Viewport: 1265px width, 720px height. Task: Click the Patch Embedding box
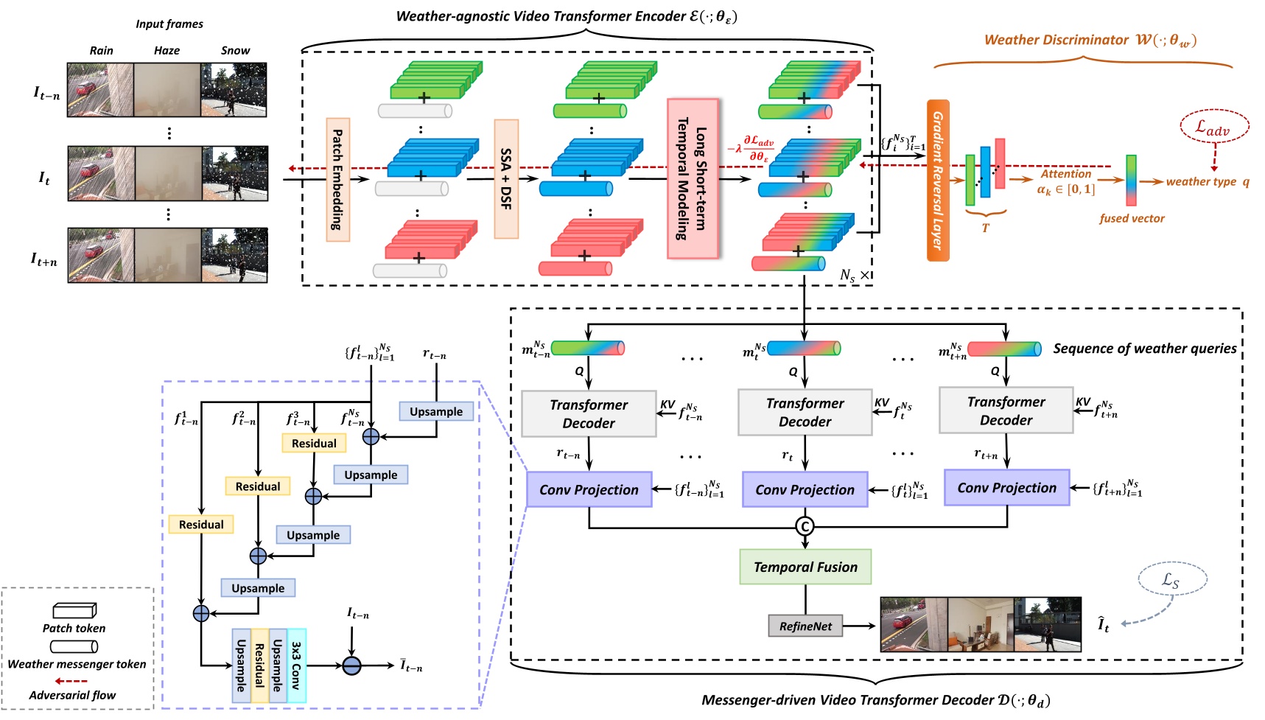(x=337, y=180)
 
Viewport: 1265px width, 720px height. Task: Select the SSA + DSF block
(x=506, y=179)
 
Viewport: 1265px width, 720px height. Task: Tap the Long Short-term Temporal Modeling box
(x=693, y=179)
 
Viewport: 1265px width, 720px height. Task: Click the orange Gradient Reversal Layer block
(x=938, y=181)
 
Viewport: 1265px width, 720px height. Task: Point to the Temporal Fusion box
(x=805, y=567)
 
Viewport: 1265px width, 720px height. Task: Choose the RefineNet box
(x=805, y=626)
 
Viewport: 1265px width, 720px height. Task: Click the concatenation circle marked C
(x=805, y=526)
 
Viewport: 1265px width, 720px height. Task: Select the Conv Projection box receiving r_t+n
(x=1006, y=488)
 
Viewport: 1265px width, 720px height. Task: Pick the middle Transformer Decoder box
(x=805, y=413)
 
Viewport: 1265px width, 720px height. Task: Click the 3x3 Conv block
(x=296, y=665)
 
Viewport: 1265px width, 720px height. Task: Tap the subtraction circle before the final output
(x=352, y=665)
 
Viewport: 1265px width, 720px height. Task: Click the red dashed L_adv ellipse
(x=1214, y=127)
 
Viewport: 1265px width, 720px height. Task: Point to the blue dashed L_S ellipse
(x=1172, y=580)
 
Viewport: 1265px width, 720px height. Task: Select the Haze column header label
(x=167, y=51)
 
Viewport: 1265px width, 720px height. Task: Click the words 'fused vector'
(x=1132, y=219)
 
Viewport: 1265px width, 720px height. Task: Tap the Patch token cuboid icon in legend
(x=74, y=610)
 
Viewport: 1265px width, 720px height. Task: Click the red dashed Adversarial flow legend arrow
(x=72, y=681)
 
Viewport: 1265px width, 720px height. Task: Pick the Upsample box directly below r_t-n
(x=436, y=412)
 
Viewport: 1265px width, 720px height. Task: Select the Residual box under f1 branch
(x=201, y=525)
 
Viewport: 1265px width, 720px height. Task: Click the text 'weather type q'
(x=1207, y=182)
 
